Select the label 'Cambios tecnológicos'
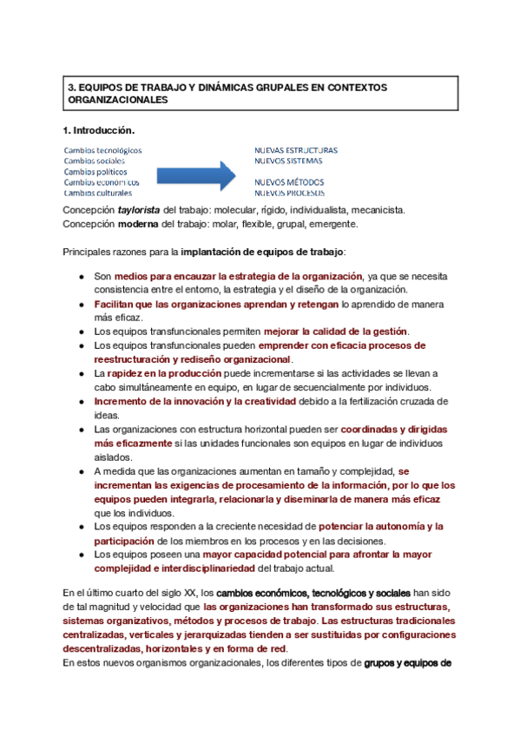[102, 150]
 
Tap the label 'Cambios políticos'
[95, 172]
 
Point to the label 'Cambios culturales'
[97, 193]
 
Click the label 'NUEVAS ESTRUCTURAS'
[296, 150]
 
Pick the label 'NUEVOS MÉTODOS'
[289, 182]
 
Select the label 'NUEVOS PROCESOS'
[290, 193]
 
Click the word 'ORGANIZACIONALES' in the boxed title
[117, 101]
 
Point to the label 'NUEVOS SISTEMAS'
[288, 161]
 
